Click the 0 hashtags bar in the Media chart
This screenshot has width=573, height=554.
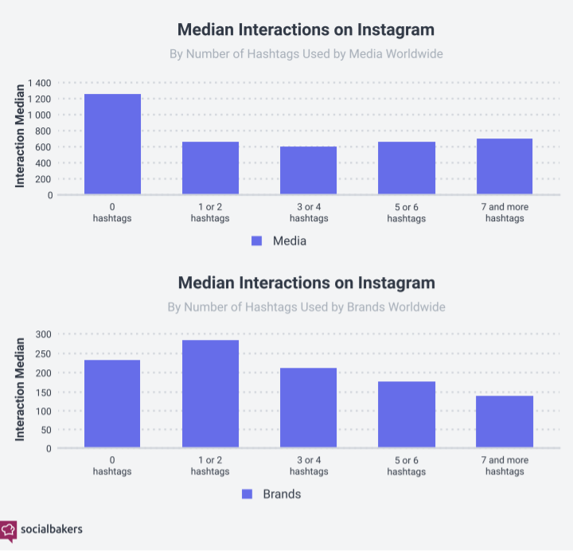click(112, 144)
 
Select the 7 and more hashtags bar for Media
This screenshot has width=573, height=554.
click(504, 166)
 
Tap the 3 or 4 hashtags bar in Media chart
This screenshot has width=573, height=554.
click(308, 170)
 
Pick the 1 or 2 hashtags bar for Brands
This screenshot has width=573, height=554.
click(210, 394)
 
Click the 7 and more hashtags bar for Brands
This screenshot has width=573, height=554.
click(504, 422)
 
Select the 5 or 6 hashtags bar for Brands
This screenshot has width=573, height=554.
click(406, 415)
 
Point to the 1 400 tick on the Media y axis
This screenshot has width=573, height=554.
click(39, 84)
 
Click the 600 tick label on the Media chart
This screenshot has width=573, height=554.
click(44, 147)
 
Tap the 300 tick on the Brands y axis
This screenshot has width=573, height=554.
click(43, 334)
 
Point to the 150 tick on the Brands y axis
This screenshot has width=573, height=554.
click(43, 392)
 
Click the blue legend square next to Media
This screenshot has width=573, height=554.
click(256, 241)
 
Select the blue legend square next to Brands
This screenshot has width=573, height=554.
click(247, 494)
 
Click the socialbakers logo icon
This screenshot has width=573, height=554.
click(9, 529)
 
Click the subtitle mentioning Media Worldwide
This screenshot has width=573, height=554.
click(306, 54)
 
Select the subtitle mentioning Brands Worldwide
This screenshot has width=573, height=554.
click(306, 306)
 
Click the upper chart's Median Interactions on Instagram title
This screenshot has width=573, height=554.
click(306, 29)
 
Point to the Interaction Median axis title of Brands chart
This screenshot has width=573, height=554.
click(20, 385)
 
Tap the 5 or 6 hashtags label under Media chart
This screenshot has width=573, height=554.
click(406, 213)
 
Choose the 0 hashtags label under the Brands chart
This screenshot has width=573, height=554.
click(112, 466)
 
